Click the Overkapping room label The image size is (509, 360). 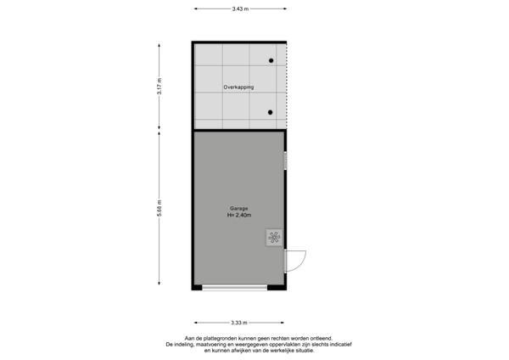(x=239, y=87)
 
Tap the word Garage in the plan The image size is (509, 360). (x=239, y=208)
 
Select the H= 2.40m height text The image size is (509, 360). (x=239, y=216)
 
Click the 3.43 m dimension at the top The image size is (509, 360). (x=239, y=8)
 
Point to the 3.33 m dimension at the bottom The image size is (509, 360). (x=239, y=323)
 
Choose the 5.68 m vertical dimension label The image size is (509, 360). (x=159, y=209)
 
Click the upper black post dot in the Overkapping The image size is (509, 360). (x=271, y=61)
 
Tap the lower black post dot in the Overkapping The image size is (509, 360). (x=271, y=112)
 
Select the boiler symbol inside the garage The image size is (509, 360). (x=274, y=237)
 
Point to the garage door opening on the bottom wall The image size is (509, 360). (x=239, y=288)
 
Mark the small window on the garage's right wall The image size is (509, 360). (x=286, y=160)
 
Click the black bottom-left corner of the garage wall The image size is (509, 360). (x=196, y=287)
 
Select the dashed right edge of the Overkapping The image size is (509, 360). (x=287, y=85)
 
